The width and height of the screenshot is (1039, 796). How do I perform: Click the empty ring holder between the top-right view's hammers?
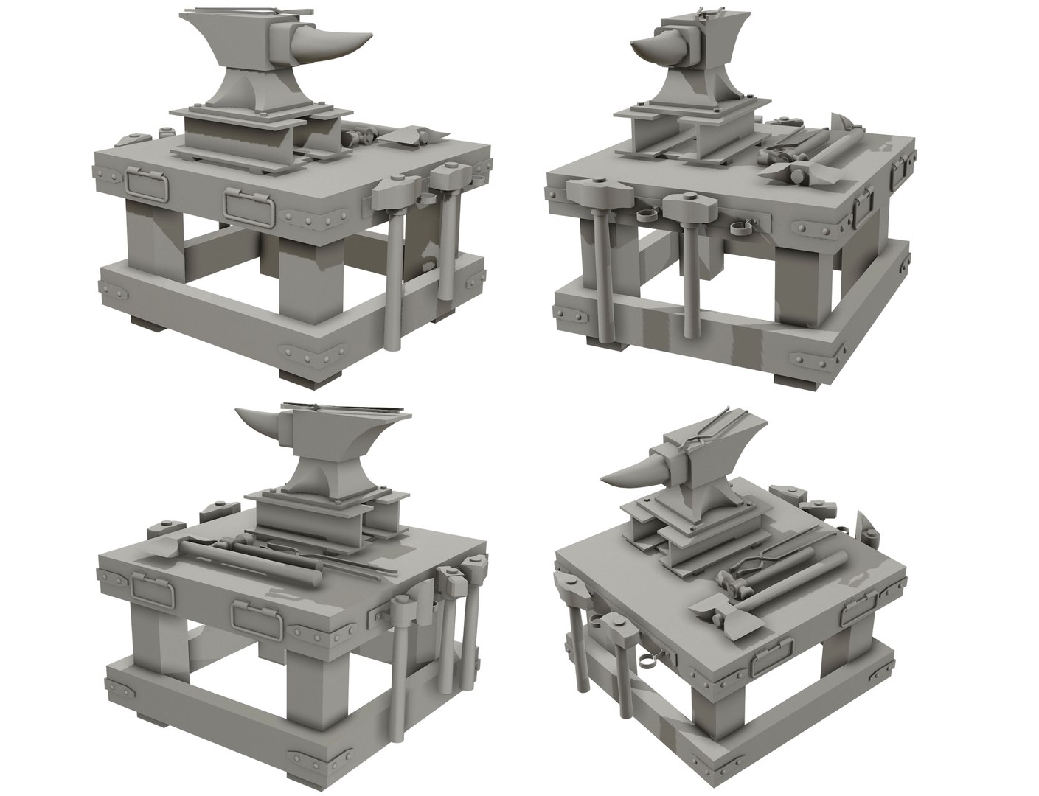tap(647, 214)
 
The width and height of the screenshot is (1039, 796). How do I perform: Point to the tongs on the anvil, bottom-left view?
tap(347, 407)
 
